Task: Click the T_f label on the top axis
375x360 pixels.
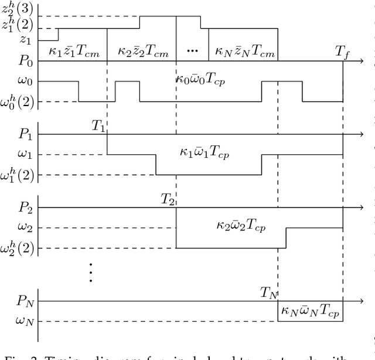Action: (342, 52)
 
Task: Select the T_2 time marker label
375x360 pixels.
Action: (168, 199)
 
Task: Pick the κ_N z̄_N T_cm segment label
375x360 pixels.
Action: (243, 52)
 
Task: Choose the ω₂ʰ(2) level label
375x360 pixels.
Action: (18, 249)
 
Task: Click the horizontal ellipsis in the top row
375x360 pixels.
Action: (192, 51)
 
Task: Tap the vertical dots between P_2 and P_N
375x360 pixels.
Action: (91, 273)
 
